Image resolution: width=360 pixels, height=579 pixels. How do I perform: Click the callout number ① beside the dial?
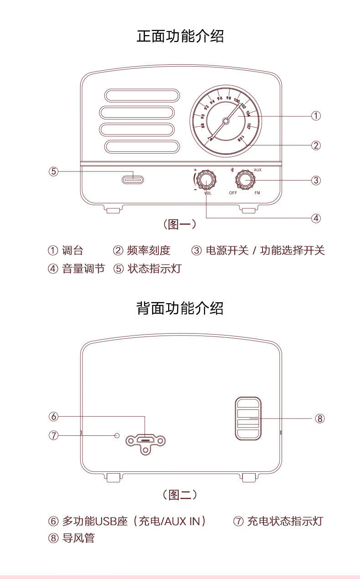point(316,116)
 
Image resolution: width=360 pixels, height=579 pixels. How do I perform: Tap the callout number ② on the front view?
point(316,145)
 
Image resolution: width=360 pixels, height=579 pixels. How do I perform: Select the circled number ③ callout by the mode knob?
point(316,180)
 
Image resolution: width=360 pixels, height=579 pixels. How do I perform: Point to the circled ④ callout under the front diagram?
point(316,218)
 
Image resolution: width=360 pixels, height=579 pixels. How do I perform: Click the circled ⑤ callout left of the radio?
point(54,171)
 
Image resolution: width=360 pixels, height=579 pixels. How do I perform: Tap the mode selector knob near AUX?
point(245,180)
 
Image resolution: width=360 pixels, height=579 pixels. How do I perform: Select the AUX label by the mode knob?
point(257,170)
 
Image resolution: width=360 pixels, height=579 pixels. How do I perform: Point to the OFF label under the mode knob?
point(233,193)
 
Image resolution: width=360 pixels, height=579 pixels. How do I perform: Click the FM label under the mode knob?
point(257,193)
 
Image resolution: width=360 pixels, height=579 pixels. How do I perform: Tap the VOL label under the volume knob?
point(208,193)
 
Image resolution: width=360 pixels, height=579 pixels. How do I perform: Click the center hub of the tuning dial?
point(226,121)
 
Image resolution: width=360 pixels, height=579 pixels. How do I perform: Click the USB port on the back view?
point(146,440)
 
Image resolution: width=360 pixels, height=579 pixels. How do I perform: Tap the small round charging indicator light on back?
point(117,435)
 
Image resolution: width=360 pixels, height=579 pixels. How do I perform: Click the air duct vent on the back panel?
point(248,419)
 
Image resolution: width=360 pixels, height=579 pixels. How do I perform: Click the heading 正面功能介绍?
point(180,36)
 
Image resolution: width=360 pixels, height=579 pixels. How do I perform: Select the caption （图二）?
point(180,495)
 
